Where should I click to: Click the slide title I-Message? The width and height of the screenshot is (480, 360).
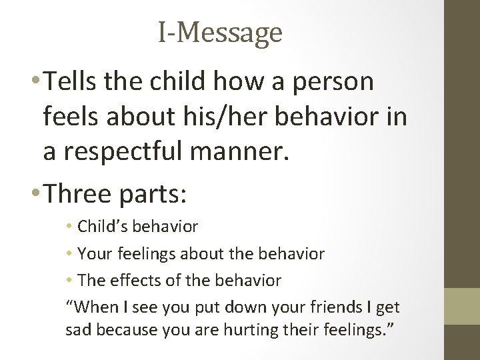tap(220, 32)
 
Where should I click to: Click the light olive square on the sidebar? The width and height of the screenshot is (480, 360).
tap(462, 306)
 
